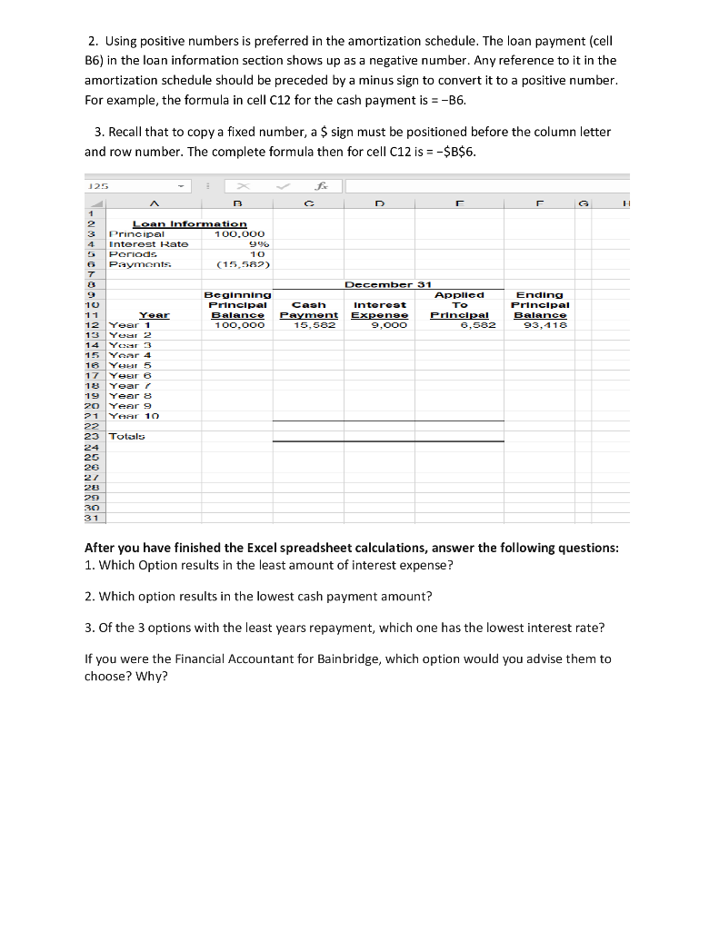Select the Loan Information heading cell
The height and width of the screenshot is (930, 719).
click(x=189, y=223)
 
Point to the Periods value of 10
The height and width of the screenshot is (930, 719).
click(x=256, y=253)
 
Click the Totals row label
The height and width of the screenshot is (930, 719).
click(x=126, y=436)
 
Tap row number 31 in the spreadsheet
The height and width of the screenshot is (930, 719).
click(x=91, y=518)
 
